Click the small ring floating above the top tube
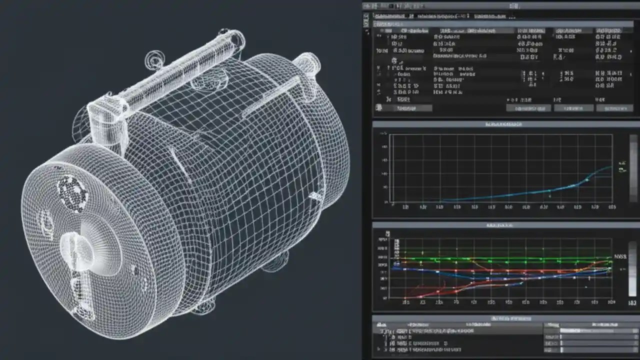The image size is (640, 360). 153,60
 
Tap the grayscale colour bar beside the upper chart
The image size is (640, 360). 633,167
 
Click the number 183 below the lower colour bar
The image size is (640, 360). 632,303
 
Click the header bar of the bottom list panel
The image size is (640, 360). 505,318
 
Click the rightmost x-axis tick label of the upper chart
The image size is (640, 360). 610,206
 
